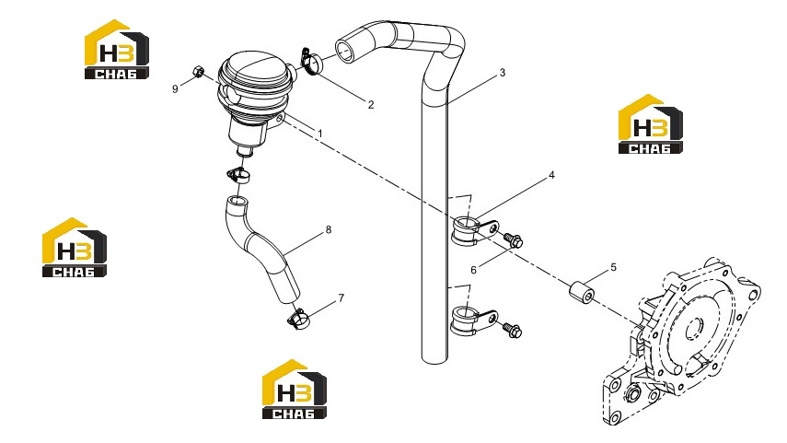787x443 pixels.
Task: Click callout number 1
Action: (319, 134)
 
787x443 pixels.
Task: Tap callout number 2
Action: (371, 104)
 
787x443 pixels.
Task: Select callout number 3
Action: (503, 73)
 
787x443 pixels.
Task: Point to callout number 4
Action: (551, 175)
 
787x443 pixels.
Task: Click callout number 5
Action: (613, 268)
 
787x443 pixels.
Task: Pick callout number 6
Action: (473, 270)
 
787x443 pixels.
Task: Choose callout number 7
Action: (341, 298)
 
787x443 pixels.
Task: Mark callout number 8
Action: (329, 230)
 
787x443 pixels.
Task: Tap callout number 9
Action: (175, 89)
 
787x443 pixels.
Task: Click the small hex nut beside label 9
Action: (198, 72)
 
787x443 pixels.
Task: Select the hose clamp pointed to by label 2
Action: (312, 62)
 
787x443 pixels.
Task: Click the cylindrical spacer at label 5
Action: (581, 293)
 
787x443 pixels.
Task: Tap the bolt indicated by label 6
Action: (513, 239)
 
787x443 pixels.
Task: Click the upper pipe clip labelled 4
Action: (473, 230)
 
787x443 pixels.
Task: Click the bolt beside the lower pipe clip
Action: (512, 330)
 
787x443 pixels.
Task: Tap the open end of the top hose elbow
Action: (345, 52)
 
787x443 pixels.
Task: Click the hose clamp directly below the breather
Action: (239, 175)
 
